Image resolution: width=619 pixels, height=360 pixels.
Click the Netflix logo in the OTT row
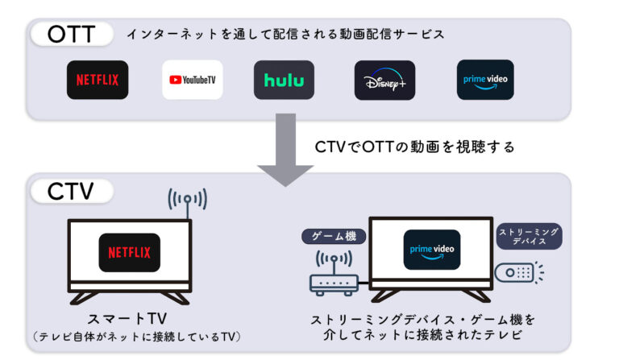tap(98, 80)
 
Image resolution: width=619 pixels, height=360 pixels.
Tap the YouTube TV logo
tap(193, 80)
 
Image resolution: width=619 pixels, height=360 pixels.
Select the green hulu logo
tap(284, 80)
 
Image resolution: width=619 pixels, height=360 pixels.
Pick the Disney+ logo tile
tap(384, 80)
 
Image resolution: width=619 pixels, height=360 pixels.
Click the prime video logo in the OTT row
tap(485, 80)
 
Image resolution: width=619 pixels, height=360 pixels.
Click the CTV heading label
tap(71, 192)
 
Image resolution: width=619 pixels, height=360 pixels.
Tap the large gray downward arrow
tap(285, 149)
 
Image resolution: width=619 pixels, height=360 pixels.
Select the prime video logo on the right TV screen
tap(432, 250)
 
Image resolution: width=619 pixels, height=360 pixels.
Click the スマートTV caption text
tap(128, 320)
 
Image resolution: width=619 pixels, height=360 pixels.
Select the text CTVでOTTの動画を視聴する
tap(414, 147)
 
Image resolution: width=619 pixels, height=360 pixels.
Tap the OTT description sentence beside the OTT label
tap(285, 35)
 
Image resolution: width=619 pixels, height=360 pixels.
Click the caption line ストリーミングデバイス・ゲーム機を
tap(423, 320)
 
